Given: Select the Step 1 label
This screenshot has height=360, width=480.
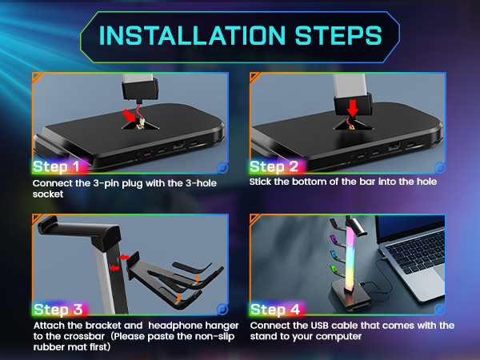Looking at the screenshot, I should [55, 167].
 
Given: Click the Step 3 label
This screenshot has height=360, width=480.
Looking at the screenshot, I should [55, 309].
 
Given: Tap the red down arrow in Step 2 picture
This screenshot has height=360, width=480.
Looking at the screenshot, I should [351, 107].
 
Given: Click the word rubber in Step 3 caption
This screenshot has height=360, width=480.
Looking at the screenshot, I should [50, 347].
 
